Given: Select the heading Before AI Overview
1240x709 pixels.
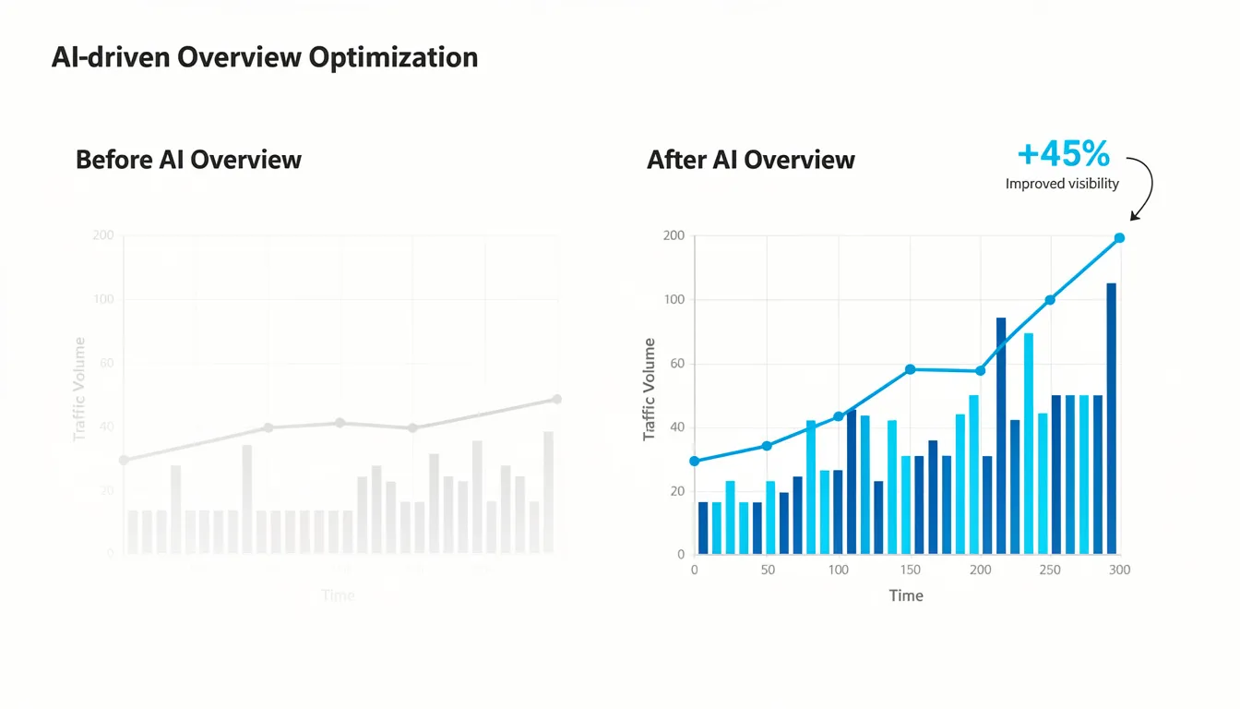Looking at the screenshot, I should click(x=188, y=160).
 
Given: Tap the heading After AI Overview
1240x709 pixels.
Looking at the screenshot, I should click(x=750, y=160).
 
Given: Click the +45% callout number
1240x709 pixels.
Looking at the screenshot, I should click(x=1063, y=153).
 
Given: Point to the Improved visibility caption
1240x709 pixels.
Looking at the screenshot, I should click(x=1062, y=184).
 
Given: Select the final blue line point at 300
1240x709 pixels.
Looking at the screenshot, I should click(x=1119, y=238).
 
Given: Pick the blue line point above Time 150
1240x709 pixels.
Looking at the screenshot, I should click(x=910, y=369).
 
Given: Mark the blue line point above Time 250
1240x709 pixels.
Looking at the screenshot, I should click(x=1049, y=300).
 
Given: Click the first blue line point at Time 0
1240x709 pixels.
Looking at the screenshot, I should click(x=695, y=461).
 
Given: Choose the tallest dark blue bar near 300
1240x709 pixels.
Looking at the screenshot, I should click(x=1111, y=417).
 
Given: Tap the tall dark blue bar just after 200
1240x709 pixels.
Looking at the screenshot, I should click(x=1001, y=435).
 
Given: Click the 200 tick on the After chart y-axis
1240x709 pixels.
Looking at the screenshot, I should click(x=674, y=235).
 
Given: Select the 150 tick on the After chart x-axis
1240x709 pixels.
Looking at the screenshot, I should click(x=911, y=570).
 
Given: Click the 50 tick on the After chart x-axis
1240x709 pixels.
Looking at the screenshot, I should click(x=768, y=570).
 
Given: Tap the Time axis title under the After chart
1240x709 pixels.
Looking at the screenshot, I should click(x=905, y=595).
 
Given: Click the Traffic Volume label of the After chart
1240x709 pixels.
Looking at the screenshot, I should click(x=650, y=389).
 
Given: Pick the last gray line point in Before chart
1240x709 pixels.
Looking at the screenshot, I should click(x=556, y=399).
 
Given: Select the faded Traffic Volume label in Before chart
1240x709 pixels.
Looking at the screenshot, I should click(x=79, y=389).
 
